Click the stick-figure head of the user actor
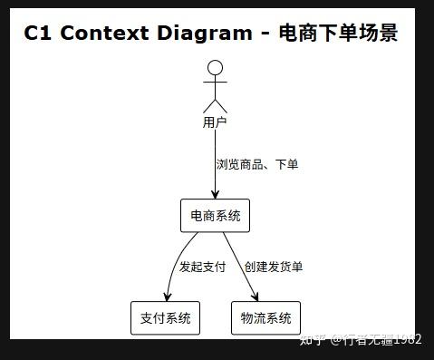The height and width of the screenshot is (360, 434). [x=215, y=67]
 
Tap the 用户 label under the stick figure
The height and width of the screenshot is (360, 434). [x=215, y=122]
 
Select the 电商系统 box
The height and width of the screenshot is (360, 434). [x=215, y=216]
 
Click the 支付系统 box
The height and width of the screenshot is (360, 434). [x=165, y=318]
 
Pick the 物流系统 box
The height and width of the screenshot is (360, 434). [x=265, y=318]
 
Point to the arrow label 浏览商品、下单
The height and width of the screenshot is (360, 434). [x=257, y=165]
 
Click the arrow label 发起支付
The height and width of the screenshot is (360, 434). [x=202, y=267]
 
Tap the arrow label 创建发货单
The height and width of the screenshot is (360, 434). [x=273, y=267]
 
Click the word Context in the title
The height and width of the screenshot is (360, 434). [x=104, y=34]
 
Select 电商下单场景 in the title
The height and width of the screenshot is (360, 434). [x=337, y=34]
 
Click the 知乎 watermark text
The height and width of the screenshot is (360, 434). [x=312, y=340]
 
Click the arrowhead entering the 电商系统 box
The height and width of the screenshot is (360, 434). [x=215, y=194]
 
